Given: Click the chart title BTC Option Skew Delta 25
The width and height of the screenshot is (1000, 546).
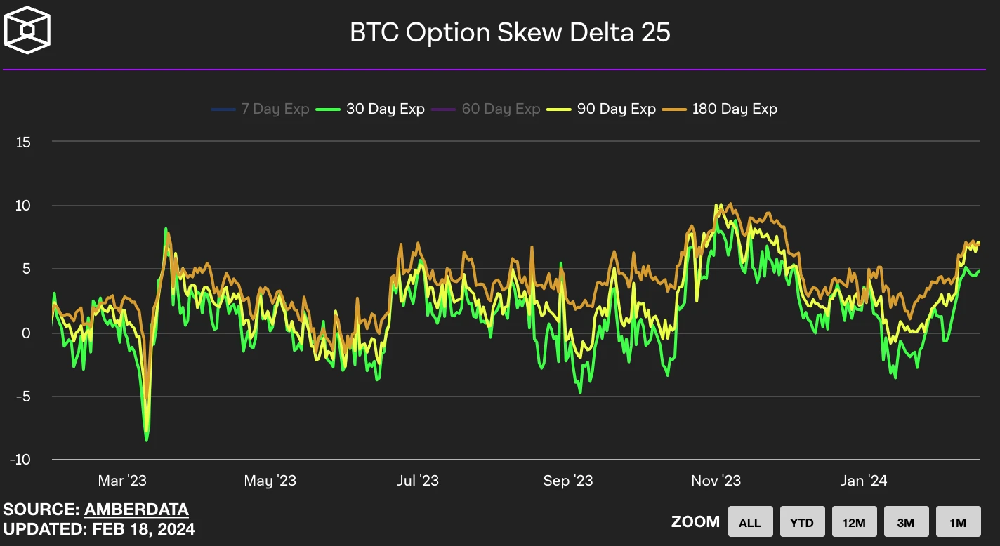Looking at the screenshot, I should coord(510,33).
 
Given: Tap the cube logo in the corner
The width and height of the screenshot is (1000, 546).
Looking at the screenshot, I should coord(27,29).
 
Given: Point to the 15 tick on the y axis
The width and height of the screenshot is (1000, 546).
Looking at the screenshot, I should coord(23,142).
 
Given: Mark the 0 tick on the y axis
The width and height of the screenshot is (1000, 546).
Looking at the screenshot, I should coord(27,333).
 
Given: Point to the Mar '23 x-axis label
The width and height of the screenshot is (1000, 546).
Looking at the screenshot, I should coord(122,481).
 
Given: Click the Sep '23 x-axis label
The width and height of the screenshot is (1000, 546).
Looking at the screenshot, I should coord(567,481).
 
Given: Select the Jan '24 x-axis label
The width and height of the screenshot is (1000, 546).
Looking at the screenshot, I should coord(863,481).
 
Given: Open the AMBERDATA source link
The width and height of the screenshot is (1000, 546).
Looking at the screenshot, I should coord(136,510).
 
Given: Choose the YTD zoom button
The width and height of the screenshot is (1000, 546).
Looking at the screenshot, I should coord(802,522).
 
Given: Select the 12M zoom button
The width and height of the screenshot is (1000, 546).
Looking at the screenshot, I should coord(854,522).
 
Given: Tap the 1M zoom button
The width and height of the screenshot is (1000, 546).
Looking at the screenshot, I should coord(958,522).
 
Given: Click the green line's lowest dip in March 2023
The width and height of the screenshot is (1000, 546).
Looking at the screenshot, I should coord(146,440).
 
